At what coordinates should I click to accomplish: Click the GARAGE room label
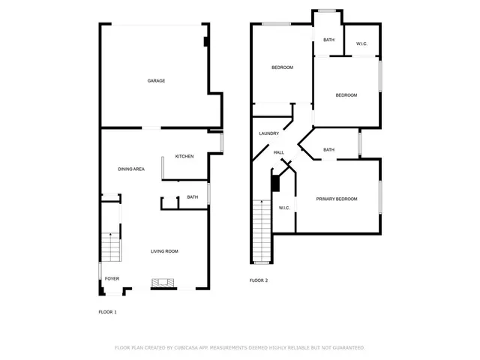(x=156, y=81)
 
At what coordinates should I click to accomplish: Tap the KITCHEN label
(x=184, y=156)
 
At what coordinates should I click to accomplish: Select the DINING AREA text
(x=131, y=169)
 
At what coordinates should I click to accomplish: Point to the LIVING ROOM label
(x=164, y=251)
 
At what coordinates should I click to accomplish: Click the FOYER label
(x=112, y=278)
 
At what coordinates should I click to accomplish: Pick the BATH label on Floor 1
(x=193, y=197)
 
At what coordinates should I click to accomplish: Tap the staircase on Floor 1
(x=111, y=245)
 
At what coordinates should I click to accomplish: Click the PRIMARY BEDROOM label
(x=336, y=199)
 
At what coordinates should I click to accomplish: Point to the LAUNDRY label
(x=269, y=133)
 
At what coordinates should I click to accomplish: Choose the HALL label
(x=278, y=152)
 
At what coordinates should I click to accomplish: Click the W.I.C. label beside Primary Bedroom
(x=284, y=208)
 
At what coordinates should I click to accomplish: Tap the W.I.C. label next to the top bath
(x=361, y=43)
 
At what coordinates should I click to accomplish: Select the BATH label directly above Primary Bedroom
(x=328, y=149)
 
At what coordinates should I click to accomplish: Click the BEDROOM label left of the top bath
(x=282, y=67)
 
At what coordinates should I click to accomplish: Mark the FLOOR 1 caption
(x=108, y=311)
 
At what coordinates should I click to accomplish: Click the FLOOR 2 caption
(x=259, y=280)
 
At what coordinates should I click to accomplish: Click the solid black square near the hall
(x=274, y=182)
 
